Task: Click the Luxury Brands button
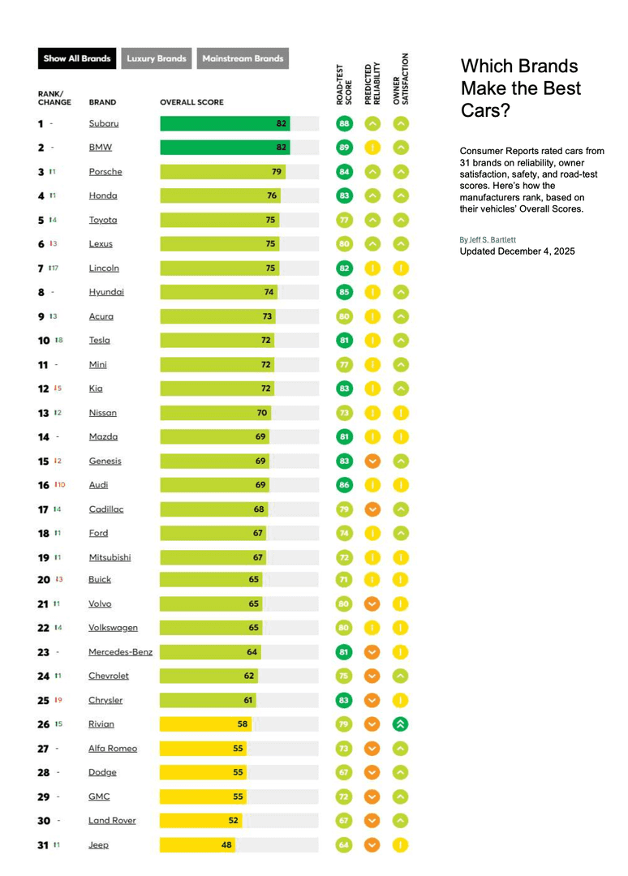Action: tap(157, 58)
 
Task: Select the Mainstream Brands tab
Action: tap(243, 58)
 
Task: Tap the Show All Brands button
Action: tap(77, 58)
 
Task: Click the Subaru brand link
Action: tap(104, 123)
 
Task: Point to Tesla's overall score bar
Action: tap(217, 341)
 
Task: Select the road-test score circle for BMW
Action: tap(344, 148)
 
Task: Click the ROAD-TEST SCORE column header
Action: tap(344, 84)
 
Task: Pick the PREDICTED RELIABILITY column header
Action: tap(372, 83)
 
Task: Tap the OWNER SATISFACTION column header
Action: tap(401, 79)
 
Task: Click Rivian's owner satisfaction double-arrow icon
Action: tap(401, 724)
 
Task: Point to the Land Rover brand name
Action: tap(112, 820)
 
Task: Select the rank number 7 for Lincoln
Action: tap(41, 268)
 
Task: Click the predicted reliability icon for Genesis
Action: tap(372, 461)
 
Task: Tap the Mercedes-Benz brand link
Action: tap(120, 651)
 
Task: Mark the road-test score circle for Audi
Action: tap(344, 485)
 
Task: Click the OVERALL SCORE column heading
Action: tap(191, 103)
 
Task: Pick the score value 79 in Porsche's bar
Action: tap(277, 172)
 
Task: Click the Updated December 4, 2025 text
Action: tap(517, 251)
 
